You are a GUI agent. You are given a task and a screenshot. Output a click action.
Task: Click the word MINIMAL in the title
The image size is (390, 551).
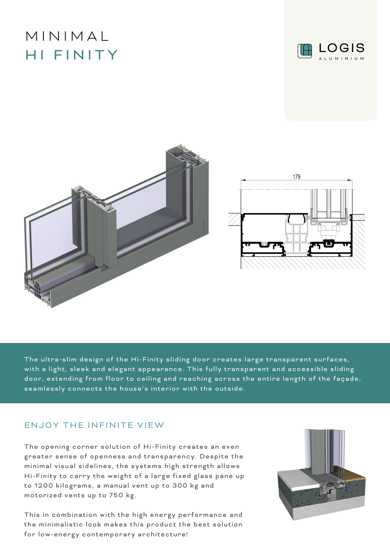tap(67, 36)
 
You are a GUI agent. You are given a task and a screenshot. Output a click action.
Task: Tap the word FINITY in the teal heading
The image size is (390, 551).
tap(86, 55)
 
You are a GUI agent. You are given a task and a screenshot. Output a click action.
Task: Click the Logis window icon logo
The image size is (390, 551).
tap(305, 51)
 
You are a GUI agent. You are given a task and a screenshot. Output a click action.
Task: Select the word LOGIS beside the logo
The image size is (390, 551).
tap(341, 48)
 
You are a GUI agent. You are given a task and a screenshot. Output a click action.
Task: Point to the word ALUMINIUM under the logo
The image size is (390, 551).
tap(341, 58)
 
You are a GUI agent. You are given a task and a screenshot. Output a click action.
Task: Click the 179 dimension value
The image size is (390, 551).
tap(296, 177)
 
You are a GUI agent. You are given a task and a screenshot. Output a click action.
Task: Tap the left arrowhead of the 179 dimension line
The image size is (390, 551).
tap(243, 180)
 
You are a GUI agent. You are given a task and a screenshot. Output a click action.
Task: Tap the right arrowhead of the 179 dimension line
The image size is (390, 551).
tap(350, 180)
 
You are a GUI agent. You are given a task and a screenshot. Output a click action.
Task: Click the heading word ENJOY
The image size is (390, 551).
tap(42, 425)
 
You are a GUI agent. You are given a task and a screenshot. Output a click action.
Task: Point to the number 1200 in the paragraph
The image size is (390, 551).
tap(44, 485)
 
